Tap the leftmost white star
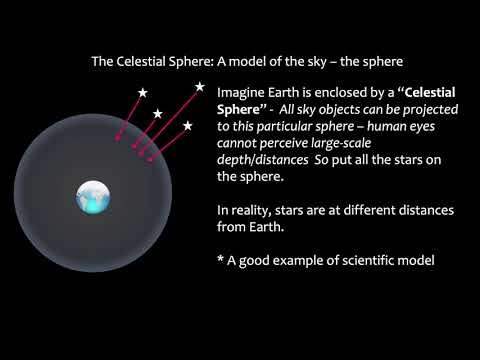pyautogui.click(x=142, y=93)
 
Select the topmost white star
pyautogui.click(x=199, y=87)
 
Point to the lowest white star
pyautogui.click(x=188, y=126)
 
